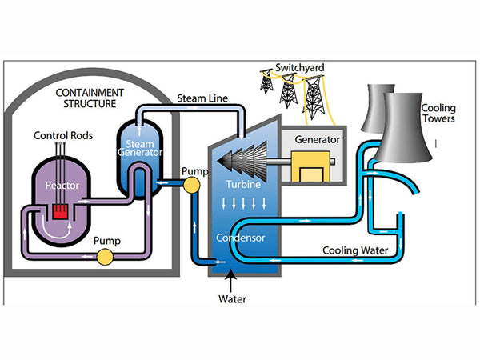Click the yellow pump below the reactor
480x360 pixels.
[105, 257]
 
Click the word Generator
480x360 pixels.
[318, 139]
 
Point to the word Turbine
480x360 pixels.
[242, 184]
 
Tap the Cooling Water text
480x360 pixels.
[355, 250]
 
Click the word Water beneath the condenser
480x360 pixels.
[233, 300]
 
